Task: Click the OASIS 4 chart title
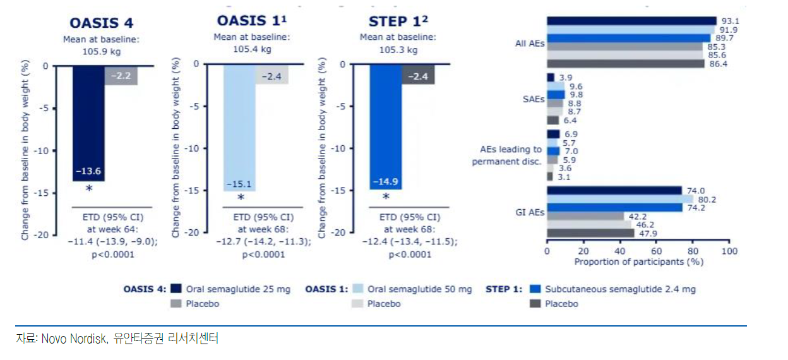click(x=102, y=23)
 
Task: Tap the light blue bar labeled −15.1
click(x=239, y=126)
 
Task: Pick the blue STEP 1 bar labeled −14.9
click(x=385, y=126)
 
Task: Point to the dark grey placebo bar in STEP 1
click(x=418, y=75)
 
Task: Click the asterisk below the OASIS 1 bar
click(x=241, y=198)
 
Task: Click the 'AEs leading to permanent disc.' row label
click(x=506, y=155)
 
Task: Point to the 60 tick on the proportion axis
click(x=656, y=251)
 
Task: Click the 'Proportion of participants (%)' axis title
click(x=638, y=261)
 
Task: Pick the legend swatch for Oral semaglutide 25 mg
click(x=177, y=289)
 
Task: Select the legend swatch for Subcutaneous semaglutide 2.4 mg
click(x=536, y=289)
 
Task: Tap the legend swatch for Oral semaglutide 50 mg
click(x=357, y=289)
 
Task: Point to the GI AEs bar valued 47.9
click(x=590, y=233)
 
